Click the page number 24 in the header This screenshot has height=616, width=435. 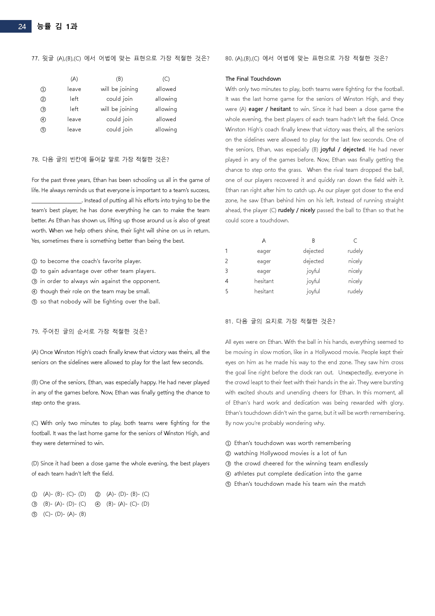(22, 27)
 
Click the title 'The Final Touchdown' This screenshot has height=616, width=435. (253, 79)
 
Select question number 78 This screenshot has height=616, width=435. (35, 159)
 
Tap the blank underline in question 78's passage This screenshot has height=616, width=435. (56, 201)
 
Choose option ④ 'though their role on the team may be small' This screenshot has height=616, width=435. (95, 291)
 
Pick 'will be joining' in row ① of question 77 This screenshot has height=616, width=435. (119, 89)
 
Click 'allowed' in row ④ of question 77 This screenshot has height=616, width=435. (166, 119)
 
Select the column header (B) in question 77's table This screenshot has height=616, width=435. (119, 79)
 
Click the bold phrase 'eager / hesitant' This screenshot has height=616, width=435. (269, 109)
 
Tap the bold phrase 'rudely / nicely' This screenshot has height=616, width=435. (296, 210)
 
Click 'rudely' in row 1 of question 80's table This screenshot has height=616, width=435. (355, 251)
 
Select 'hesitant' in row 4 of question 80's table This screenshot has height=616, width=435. (264, 281)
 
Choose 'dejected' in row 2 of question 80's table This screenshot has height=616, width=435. (313, 261)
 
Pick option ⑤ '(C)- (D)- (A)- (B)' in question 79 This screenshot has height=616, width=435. (64, 514)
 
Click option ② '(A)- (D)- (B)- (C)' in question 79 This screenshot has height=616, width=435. (127, 494)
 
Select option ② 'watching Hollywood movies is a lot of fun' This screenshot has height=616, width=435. (290, 453)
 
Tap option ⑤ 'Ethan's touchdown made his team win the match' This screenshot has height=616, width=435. (300, 484)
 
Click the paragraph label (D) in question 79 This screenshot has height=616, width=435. (35, 464)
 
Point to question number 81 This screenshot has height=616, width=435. (229, 321)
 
